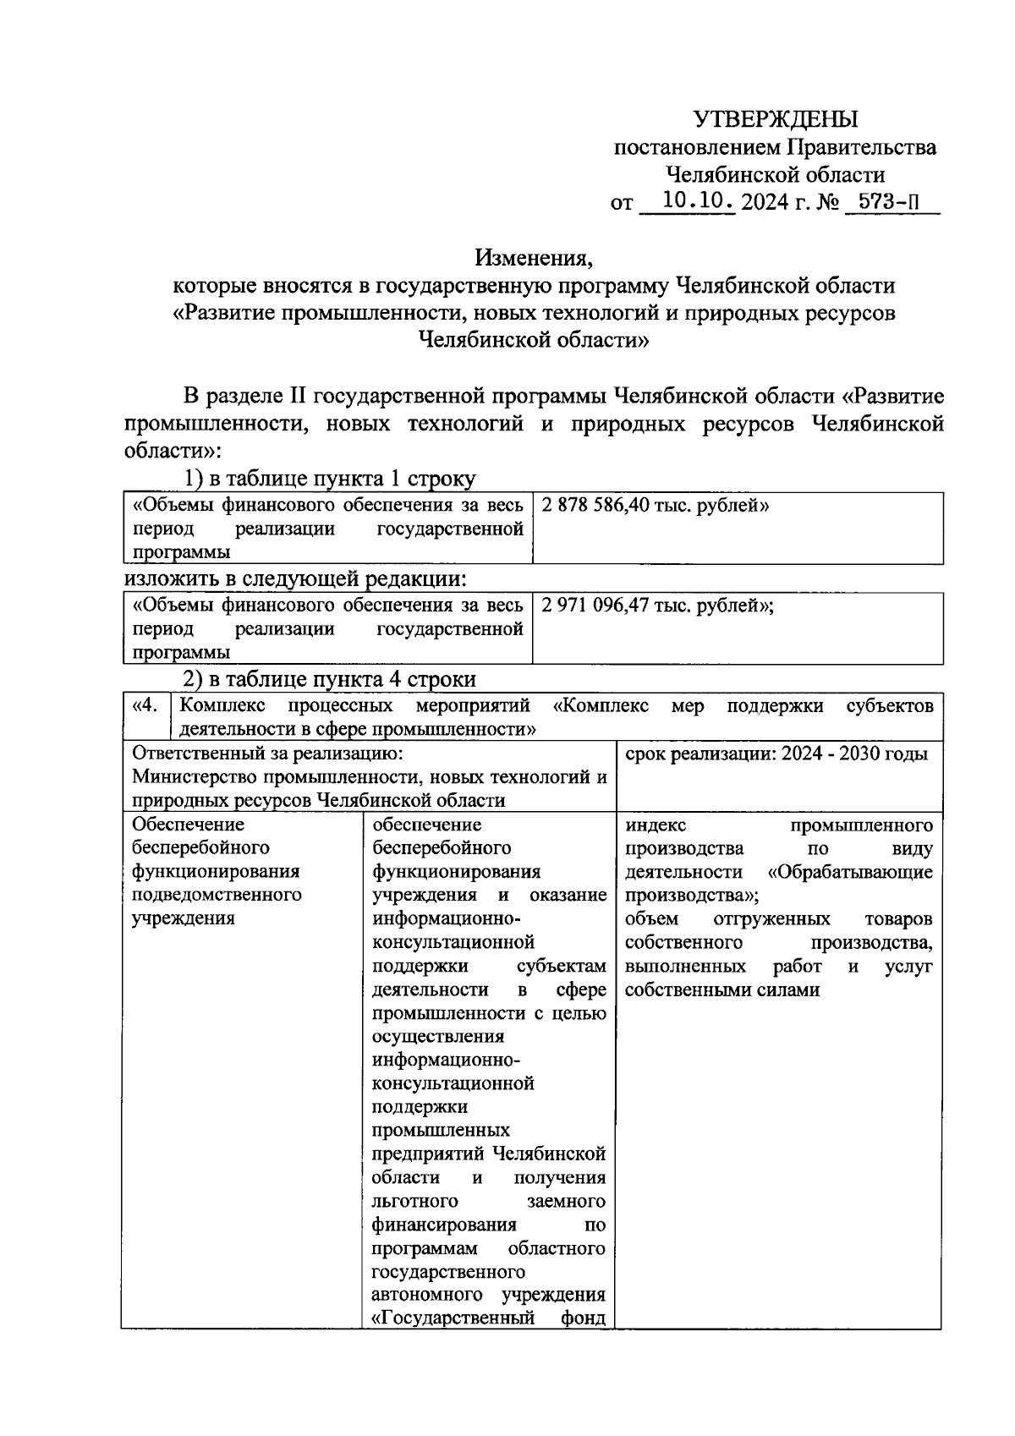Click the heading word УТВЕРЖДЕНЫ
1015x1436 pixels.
point(775,118)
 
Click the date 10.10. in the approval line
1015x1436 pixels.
point(699,202)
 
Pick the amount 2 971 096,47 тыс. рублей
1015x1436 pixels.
point(657,606)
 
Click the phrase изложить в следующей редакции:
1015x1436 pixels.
point(295,579)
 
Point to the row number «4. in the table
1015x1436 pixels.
point(145,705)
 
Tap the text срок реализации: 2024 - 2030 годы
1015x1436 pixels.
point(776,754)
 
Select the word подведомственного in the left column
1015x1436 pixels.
point(217,895)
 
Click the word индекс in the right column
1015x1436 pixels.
point(656,825)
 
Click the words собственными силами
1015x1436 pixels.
point(722,989)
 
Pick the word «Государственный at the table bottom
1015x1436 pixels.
point(453,1318)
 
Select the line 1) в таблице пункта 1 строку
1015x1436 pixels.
point(330,479)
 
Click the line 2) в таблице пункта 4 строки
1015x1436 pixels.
point(330,679)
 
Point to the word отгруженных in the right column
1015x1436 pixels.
point(771,919)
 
